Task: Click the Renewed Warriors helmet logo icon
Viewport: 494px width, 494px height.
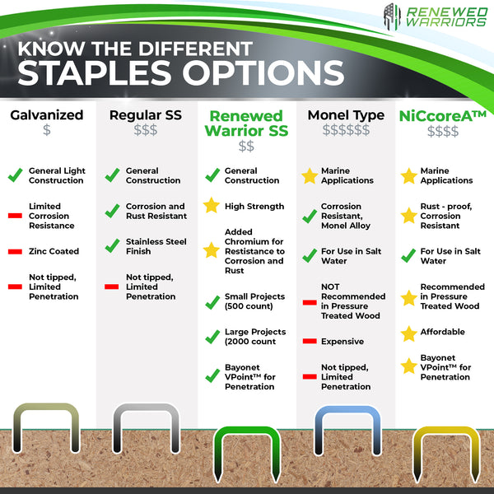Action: point(392,16)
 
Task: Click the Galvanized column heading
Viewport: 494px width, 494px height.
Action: point(47,115)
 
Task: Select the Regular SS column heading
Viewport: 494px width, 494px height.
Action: point(146,115)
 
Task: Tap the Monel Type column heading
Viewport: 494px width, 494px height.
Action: point(346,116)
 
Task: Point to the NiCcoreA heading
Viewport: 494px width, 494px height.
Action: point(443,116)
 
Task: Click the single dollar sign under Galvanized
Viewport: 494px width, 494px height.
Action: point(47,130)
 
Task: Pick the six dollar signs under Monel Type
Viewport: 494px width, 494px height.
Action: point(346,130)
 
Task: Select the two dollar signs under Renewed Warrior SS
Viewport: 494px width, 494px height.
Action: point(246,147)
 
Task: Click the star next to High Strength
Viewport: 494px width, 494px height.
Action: point(212,205)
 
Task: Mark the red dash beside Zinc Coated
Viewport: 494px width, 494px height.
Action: point(15,251)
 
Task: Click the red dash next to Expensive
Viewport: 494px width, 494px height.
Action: point(310,341)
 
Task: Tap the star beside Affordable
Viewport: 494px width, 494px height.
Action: point(409,334)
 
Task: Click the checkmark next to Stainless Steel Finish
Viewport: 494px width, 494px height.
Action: point(112,245)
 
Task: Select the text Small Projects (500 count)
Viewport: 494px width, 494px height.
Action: point(254,301)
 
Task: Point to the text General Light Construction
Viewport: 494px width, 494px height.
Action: point(57,175)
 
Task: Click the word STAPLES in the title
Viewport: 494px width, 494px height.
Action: point(95,73)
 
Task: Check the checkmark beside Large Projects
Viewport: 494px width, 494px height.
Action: point(212,337)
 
